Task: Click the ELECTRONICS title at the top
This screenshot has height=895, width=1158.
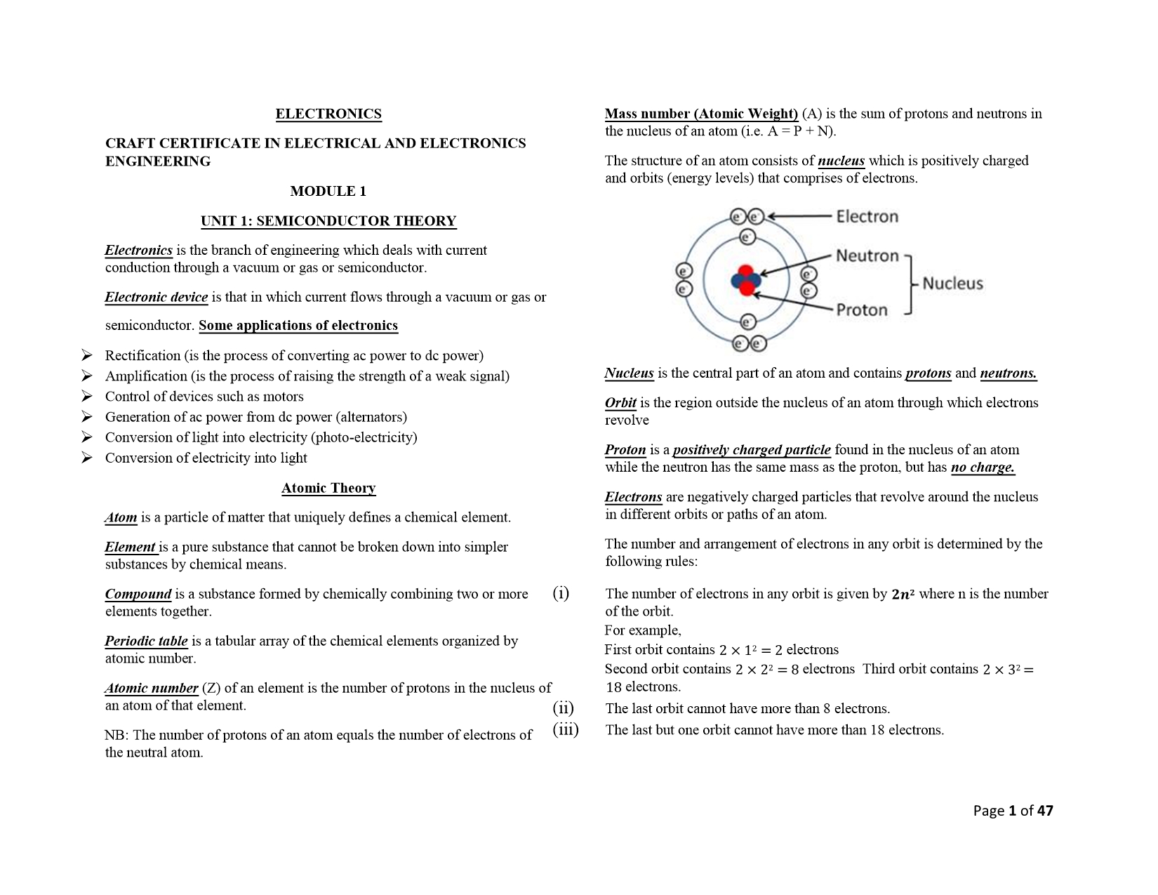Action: click(x=328, y=114)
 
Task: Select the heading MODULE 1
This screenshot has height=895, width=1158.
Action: click(x=328, y=191)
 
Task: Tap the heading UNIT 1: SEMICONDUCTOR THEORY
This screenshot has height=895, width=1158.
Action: click(x=328, y=221)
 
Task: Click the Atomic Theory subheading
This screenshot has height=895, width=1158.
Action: click(x=328, y=488)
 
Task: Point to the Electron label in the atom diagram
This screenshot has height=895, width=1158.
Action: click(x=867, y=216)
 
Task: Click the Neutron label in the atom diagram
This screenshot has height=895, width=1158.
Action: click(x=867, y=256)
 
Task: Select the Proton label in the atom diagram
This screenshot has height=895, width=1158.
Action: click(x=862, y=310)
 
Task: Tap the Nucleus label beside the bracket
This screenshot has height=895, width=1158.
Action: click(x=952, y=284)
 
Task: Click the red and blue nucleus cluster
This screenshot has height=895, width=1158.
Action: click(x=745, y=281)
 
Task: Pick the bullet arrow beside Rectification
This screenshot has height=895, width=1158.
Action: click(x=87, y=355)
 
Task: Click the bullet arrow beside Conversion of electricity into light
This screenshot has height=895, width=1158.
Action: click(x=87, y=458)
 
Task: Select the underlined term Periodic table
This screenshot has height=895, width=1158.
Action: click(x=147, y=641)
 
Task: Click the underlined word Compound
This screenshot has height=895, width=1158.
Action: click(x=138, y=594)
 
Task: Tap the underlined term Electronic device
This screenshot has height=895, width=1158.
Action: click(x=157, y=297)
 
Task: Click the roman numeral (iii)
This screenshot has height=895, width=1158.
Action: click(x=565, y=729)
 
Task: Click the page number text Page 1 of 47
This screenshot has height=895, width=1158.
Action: click(x=1013, y=811)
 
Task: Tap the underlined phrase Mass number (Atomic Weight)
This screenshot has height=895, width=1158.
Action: click(x=701, y=114)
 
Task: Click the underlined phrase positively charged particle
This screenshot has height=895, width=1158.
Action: click(x=752, y=450)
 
